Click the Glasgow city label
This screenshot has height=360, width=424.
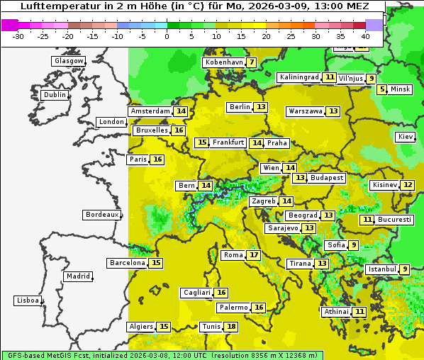pos(68,61)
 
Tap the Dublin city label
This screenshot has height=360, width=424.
pos(55,95)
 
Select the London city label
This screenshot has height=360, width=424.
pos(111,122)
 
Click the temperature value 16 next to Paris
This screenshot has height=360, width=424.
pos(157,159)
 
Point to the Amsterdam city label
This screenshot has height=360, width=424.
pos(150,111)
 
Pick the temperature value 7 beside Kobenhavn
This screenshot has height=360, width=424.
pos(252,62)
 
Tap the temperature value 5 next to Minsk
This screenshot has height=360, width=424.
pos(382,89)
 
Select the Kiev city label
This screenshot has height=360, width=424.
pos(406,137)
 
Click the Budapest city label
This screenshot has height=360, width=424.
pos(327,178)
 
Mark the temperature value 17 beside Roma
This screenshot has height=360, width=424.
pos(254,255)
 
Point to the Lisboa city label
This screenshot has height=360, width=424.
pos(28,300)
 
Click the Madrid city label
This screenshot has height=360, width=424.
pos(77,276)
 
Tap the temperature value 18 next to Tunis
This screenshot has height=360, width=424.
pos(231,327)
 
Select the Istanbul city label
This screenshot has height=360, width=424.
pos(382,269)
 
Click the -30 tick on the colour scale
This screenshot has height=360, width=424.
pos(18,35)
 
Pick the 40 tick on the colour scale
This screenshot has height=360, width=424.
pos(365,35)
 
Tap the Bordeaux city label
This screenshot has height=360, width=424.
pos(101,215)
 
